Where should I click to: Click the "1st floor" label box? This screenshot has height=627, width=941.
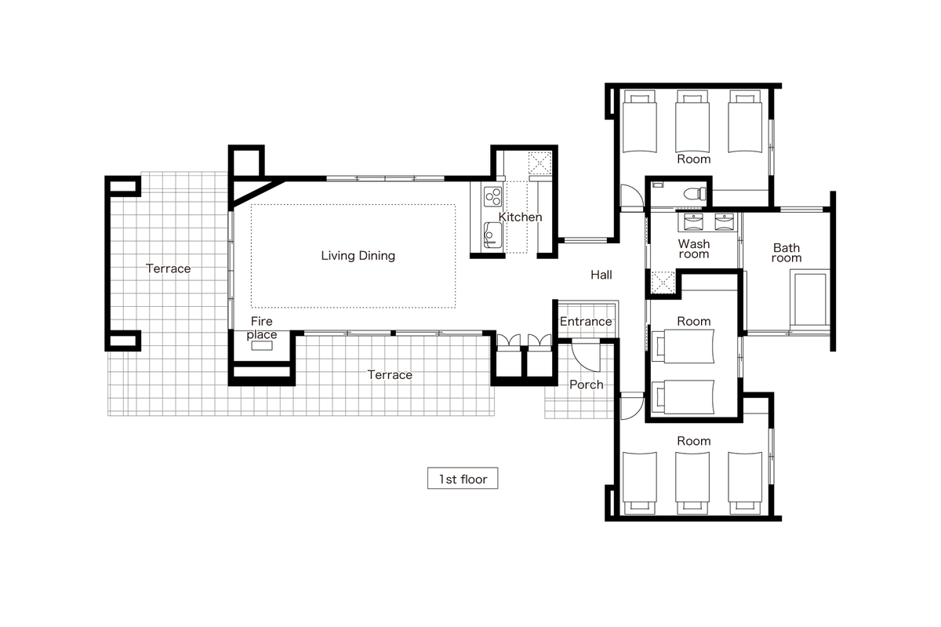tap(463, 478)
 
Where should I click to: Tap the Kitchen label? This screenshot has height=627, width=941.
tap(520, 217)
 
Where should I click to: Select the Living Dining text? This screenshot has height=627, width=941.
tap(358, 256)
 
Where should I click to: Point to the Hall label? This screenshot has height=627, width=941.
tap(601, 275)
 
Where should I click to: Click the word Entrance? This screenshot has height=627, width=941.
tap(586, 322)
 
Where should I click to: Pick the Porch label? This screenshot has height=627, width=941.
tap(587, 385)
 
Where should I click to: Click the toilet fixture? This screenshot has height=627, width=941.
tap(695, 194)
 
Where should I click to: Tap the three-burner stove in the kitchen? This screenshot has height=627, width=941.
tap(492, 197)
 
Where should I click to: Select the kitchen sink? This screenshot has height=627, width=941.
tap(492, 235)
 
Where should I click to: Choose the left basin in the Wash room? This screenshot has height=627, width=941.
tap(693, 221)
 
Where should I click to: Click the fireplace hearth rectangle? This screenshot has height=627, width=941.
tap(262, 345)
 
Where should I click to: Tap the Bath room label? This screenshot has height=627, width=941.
tap(787, 253)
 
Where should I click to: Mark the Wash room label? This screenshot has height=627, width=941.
tap(693, 249)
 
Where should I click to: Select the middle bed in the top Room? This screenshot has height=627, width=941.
tap(692, 121)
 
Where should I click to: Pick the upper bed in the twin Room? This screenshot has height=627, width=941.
tap(683, 346)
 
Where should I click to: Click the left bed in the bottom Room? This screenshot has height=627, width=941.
tap(639, 483)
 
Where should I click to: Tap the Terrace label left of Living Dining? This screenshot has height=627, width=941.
tap(168, 268)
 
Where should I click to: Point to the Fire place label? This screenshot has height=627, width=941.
tap(262, 327)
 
